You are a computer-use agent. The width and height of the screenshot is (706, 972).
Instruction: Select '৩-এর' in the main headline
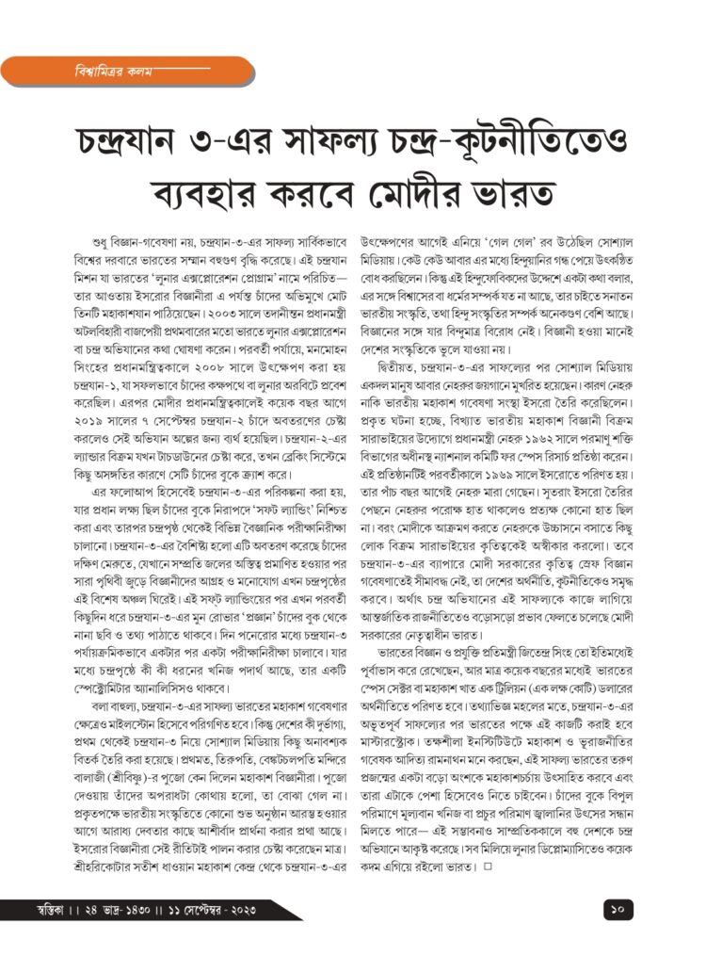pyautogui.click(x=271, y=140)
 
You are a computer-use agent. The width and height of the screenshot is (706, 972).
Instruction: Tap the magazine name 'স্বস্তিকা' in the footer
pyautogui.click(x=29, y=912)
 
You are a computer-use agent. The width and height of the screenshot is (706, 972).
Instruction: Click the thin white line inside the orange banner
pyautogui.click(x=179, y=70)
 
